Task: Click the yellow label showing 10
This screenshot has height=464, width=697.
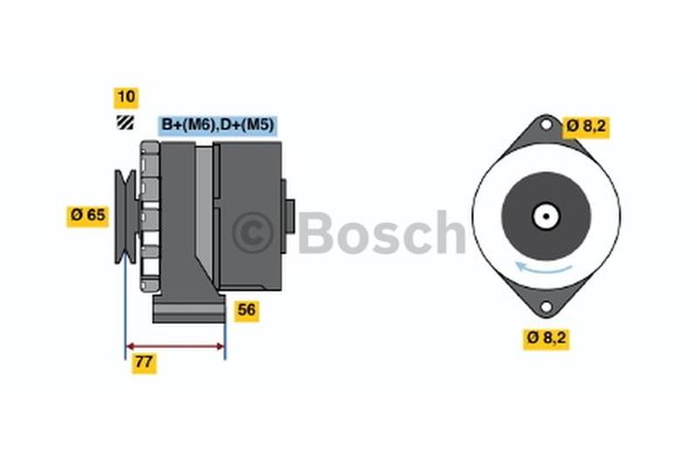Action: pyautogui.click(x=126, y=98)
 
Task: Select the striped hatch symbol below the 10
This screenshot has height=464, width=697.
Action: pyautogui.click(x=126, y=123)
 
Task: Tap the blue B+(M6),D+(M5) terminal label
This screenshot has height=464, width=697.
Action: pyautogui.click(x=217, y=124)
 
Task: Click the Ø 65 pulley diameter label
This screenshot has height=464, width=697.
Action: pyautogui.click(x=87, y=214)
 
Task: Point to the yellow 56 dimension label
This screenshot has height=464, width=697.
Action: pyautogui.click(x=247, y=310)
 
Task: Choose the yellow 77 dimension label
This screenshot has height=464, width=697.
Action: pyautogui.click(x=144, y=364)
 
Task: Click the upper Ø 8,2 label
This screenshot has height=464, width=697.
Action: pyautogui.click(x=585, y=126)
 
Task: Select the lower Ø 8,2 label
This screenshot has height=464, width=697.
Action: pyautogui.click(x=546, y=339)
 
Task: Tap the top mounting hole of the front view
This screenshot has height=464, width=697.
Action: pyautogui.click(x=546, y=124)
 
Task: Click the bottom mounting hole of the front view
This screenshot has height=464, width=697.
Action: pyautogui.click(x=546, y=306)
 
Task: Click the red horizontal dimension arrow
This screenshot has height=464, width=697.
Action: pyautogui.click(x=176, y=346)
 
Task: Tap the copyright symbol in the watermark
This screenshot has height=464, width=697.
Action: pyautogui.click(x=253, y=232)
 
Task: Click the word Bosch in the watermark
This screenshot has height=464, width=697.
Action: pyautogui.click(x=382, y=232)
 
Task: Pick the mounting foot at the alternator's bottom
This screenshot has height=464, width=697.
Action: pyautogui.click(x=189, y=309)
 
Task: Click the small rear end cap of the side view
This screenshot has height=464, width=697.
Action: pyautogui.click(x=288, y=215)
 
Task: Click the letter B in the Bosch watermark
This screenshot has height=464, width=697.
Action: pyautogui.click(x=315, y=232)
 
